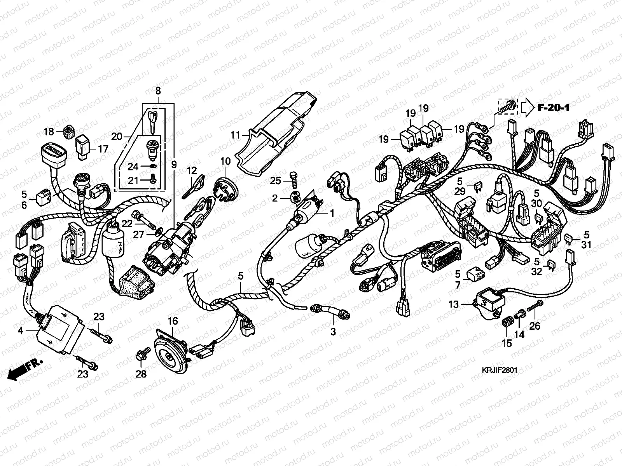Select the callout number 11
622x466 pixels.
click(236, 136)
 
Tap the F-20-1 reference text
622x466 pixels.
click(554, 108)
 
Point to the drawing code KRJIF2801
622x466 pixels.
click(501, 370)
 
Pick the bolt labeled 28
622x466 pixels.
click(141, 356)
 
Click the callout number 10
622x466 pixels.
click(225, 161)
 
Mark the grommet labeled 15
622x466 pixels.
click(507, 322)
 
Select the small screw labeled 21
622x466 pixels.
click(154, 179)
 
